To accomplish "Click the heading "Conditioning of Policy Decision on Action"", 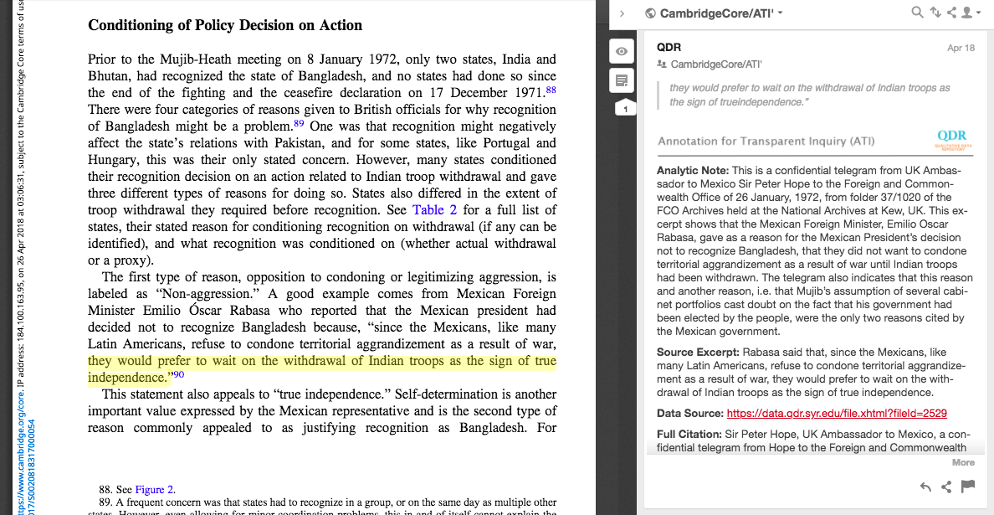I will point(225,25).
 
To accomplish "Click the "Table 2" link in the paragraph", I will point(435,210).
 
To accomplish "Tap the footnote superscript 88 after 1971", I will point(551,90).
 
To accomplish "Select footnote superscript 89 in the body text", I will point(298,124).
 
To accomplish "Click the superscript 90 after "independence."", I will point(178,375).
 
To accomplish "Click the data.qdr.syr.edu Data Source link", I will point(837,414).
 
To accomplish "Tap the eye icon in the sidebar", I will point(622,52).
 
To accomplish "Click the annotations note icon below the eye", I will point(622,80).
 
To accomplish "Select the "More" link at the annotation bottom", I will point(963,462).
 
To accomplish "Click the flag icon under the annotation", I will point(967,487).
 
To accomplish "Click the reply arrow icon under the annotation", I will point(925,487).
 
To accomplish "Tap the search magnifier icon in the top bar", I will point(918,13).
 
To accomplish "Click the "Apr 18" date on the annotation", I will point(961,48).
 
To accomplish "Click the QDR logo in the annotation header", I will point(952,138).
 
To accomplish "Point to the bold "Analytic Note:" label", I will point(693,171).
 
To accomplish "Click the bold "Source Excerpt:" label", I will point(698,353).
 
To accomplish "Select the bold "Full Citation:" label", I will point(689,435).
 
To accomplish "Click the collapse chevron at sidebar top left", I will point(623,13).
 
